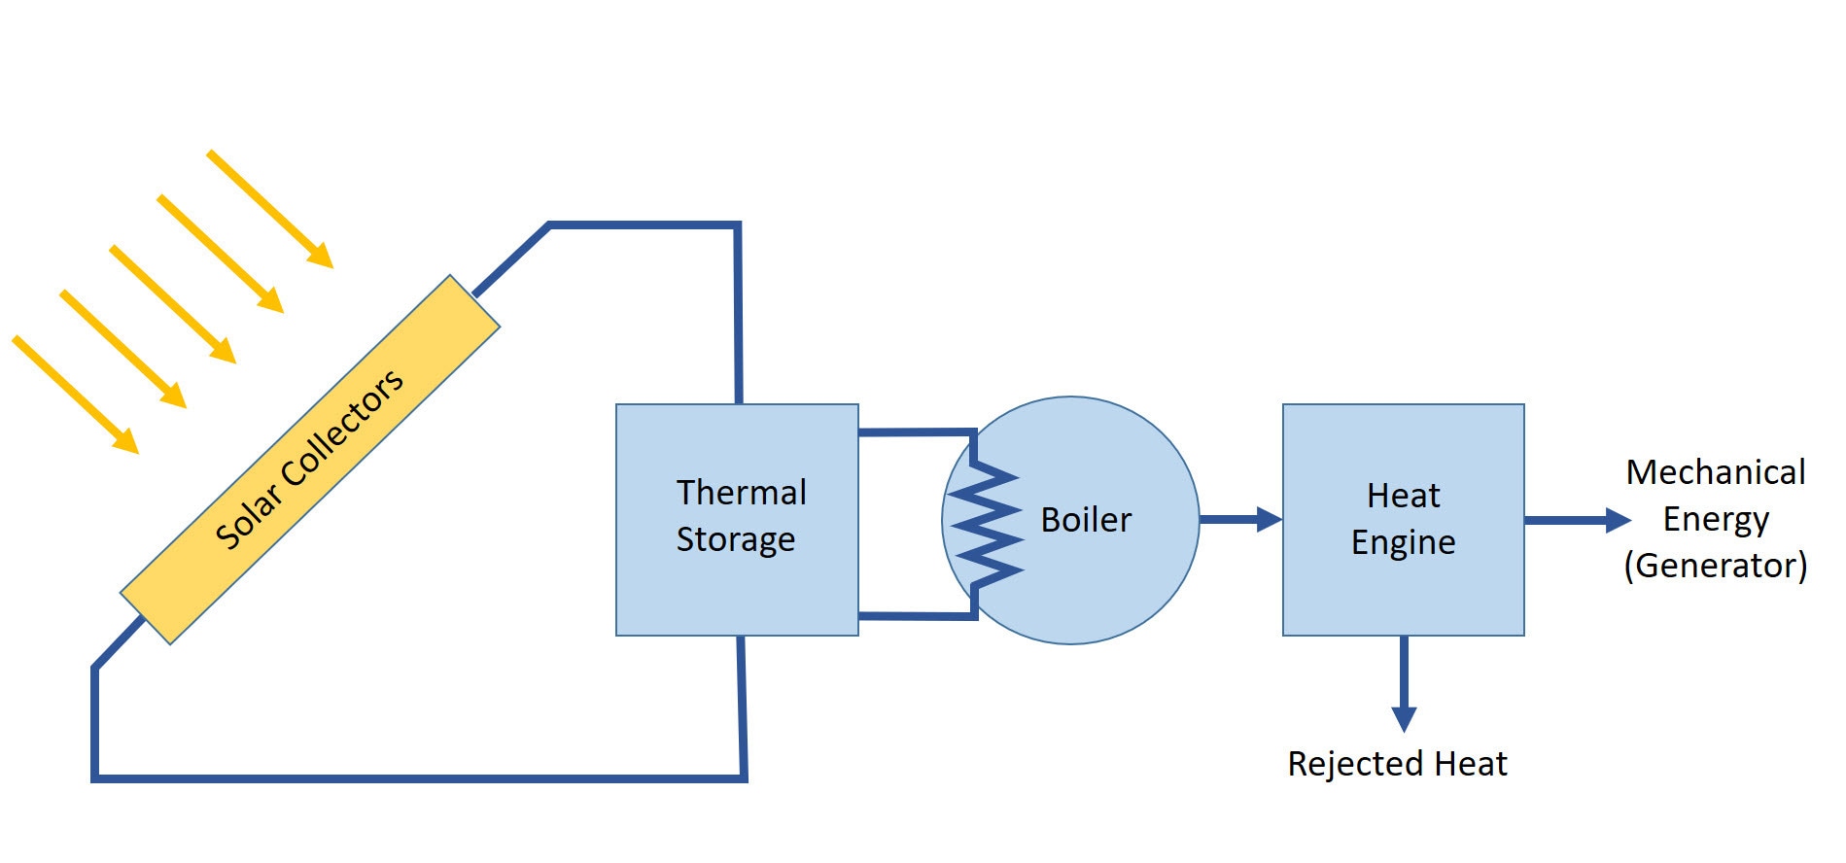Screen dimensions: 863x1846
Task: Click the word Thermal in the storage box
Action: point(741,493)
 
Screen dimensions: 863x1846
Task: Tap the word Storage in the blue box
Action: point(735,539)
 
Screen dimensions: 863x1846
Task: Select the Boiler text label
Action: point(1085,520)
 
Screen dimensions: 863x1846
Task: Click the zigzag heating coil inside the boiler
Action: point(986,526)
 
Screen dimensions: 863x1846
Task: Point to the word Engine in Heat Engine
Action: point(1403,542)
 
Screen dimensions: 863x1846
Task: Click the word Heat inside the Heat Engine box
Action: point(1403,496)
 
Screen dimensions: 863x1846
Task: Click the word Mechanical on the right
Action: point(1715,472)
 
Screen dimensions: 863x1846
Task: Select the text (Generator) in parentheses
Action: point(1715,566)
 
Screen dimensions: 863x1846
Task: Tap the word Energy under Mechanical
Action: point(1715,519)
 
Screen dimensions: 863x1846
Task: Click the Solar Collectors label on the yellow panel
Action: point(309,459)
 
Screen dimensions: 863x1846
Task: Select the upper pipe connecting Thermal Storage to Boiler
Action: point(914,431)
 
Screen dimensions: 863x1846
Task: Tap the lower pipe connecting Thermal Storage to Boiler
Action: point(914,616)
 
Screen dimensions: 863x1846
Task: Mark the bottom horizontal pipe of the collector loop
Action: point(418,778)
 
